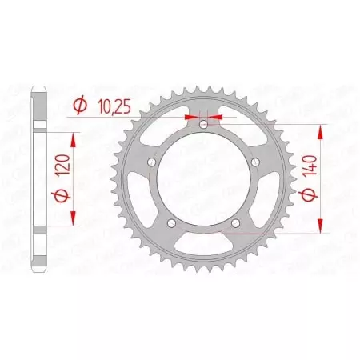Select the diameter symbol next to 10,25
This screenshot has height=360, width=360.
80,105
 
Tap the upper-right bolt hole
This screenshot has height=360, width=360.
255,163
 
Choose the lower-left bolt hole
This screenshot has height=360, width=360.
171,224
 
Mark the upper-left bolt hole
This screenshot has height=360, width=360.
151,163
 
